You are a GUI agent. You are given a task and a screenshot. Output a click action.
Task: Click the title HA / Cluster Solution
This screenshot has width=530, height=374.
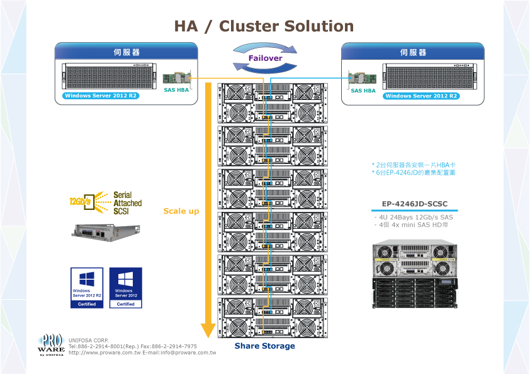[264, 26]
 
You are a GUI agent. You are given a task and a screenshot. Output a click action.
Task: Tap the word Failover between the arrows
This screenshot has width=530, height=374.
[265, 58]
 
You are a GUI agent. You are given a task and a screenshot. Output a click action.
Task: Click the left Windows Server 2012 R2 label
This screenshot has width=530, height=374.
[101, 96]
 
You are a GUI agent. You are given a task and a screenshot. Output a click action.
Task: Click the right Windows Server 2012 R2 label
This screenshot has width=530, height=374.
[420, 96]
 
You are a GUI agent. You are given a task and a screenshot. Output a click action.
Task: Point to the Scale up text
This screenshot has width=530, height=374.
[181, 211]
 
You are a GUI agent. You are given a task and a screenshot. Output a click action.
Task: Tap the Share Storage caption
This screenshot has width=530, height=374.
[264, 346]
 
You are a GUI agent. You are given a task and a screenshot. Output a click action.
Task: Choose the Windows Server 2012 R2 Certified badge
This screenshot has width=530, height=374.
[87, 288]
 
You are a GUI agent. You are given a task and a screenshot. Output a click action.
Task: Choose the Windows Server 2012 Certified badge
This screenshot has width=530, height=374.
[125, 288]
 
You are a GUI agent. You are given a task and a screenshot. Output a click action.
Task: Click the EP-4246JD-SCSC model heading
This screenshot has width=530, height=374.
[415, 204]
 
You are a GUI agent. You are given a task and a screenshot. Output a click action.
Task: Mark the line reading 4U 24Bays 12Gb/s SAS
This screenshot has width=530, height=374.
[414, 217]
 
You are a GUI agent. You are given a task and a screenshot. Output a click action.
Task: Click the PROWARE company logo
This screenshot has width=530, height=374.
[51, 345]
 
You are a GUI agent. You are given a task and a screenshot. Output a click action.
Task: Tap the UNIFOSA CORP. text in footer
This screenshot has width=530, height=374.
[89, 340]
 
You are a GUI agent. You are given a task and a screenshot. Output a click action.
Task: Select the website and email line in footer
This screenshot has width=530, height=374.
[142, 353]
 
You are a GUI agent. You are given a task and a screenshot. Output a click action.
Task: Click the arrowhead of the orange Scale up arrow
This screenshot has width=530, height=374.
[208, 331]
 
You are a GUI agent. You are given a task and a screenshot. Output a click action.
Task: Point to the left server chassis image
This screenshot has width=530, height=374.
[108, 77]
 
